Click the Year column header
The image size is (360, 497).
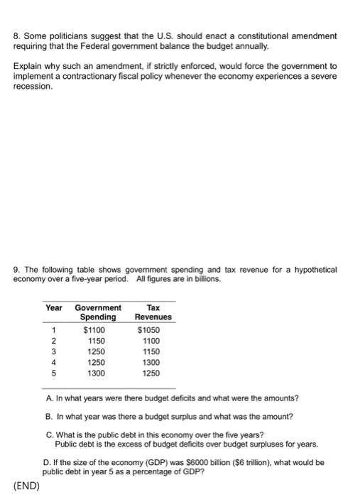54,307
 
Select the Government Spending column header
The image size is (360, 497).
98,312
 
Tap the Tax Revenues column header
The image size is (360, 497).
153,312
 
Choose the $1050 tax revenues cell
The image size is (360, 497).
149,330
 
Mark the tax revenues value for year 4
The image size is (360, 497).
151,362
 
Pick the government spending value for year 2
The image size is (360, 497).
97,341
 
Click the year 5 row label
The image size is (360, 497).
53,373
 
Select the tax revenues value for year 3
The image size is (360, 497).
151,351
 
